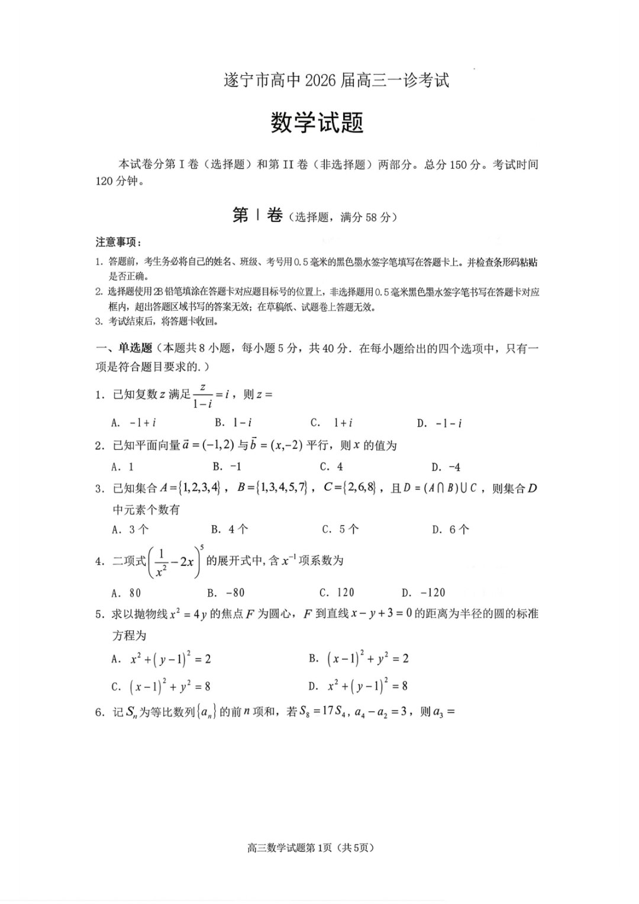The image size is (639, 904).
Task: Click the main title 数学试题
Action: point(317,123)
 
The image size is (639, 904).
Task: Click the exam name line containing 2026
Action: point(336,81)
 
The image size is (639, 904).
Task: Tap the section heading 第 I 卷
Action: point(257,215)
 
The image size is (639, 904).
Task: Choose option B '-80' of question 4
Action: point(226,593)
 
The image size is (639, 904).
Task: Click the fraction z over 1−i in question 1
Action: point(202,395)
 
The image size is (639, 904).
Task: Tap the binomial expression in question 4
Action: point(175,562)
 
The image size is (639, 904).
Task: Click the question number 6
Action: point(99,712)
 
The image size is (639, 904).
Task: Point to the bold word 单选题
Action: point(135,348)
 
